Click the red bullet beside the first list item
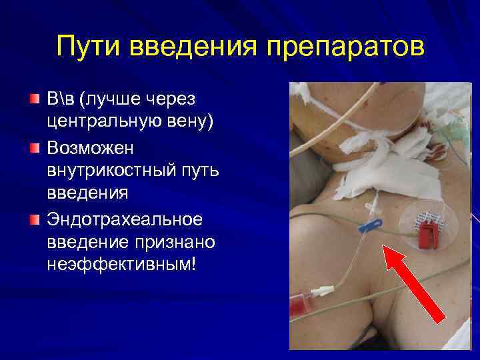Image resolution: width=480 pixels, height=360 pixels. [35, 99]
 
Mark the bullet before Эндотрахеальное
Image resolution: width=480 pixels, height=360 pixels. [35, 219]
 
